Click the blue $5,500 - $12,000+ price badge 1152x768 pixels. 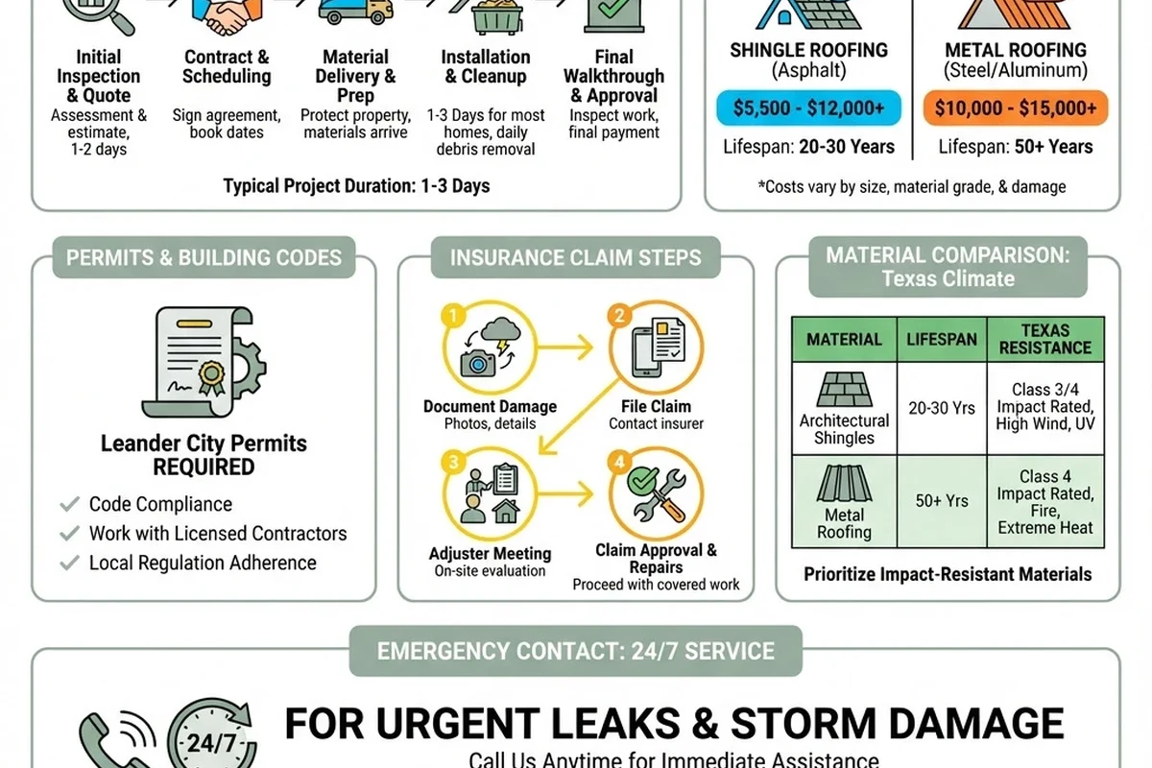coord(808,108)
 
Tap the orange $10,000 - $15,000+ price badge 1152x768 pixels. coord(1016,108)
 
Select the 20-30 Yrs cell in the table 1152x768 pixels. coord(942,408)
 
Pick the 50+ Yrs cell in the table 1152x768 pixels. coord(942,501)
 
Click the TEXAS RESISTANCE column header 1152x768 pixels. coord(1045,340)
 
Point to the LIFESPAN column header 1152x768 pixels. coord(942,340)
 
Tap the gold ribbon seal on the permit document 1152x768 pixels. coord(211,377)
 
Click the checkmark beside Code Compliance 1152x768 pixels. coord(70,504)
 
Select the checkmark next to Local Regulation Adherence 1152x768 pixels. coord(70,563)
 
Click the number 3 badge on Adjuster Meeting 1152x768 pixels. coord(453,462)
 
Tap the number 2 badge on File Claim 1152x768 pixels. coord(619,315)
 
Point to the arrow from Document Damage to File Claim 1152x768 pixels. coord(564,348)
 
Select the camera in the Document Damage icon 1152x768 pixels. coord(478,364)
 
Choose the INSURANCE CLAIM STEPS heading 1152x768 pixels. coord(575,257)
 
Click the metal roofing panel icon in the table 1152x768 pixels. coord(844,483)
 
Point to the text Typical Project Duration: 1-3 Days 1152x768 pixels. coord(356,185)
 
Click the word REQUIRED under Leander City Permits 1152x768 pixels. coord(204,468)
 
